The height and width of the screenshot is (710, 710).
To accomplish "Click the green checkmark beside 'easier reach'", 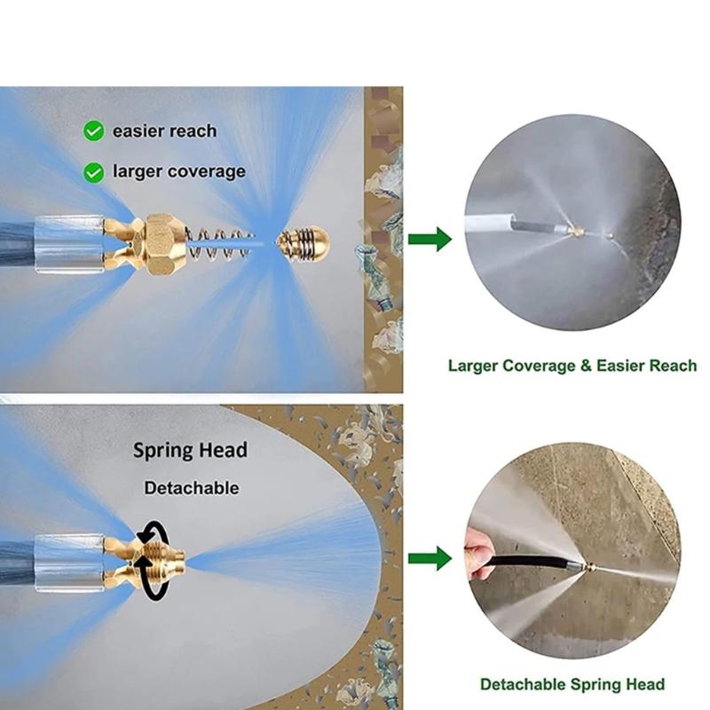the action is (94, 131).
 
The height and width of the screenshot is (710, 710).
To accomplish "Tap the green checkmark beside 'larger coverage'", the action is (94, 172).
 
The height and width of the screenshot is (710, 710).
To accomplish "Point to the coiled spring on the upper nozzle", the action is (218, 245).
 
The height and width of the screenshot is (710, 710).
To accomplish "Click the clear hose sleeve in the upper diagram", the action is (70, 245).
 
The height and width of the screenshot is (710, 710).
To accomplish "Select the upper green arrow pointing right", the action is (430, 239).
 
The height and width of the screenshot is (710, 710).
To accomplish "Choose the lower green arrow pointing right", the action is (430, 558).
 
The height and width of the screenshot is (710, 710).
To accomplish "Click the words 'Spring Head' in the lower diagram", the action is (190, 451).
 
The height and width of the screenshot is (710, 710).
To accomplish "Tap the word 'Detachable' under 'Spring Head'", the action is (192, 488).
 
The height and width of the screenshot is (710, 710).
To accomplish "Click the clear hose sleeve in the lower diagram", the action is (70, 564).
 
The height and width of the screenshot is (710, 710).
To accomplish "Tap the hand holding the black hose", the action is (477, 557).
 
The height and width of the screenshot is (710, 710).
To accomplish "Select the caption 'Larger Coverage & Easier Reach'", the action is (572, 366).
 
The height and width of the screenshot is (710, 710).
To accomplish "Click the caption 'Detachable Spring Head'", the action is (572, 683).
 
